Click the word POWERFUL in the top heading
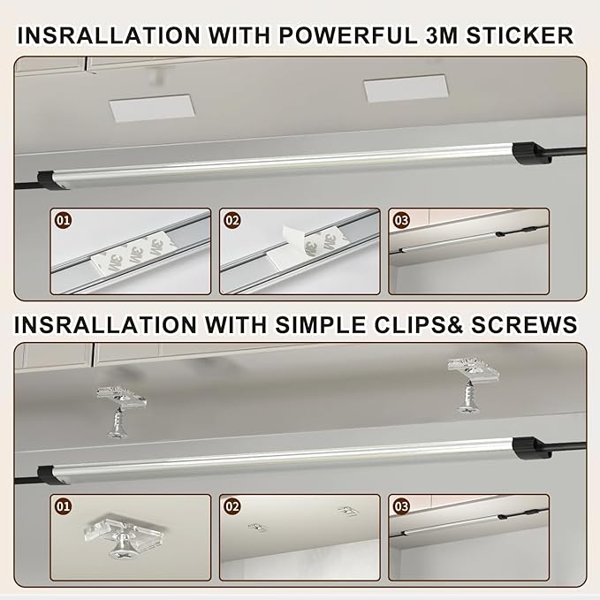(347, 35)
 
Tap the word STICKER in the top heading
(520, 35)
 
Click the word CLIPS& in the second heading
(418, 325)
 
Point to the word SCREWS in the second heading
(524, 325)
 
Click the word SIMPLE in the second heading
(320, 325)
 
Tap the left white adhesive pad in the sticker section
(152, 108)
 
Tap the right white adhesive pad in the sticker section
(406, 88)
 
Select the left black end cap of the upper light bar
(51, 180)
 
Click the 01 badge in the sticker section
(63, 220)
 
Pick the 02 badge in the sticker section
(232, 220)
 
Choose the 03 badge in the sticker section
(401, 220)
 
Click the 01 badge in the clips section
(63, 506)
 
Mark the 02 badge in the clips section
(232, 506)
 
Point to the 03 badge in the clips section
(401, 506)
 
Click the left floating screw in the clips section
(118, 423)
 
